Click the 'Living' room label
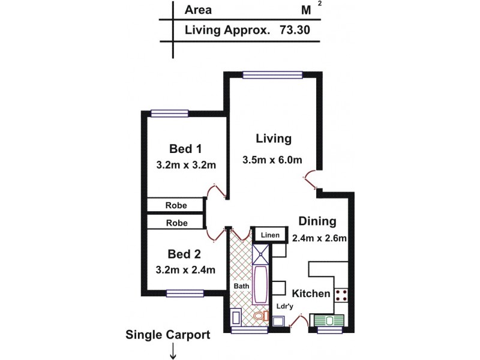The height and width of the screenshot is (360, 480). (273, 139)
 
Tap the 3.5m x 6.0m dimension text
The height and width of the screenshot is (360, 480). (272, 160)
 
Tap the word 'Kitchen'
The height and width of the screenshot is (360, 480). (311, 293)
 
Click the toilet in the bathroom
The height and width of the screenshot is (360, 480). (260, 316)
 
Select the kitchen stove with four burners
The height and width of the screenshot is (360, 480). (343, 295)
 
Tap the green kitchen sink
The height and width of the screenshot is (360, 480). (328, 320)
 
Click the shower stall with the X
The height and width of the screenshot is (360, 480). (262, 254)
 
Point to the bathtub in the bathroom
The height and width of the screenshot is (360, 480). (262, 284)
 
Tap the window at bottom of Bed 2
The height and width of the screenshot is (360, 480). (184, 293)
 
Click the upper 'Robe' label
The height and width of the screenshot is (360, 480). (176, 205)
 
